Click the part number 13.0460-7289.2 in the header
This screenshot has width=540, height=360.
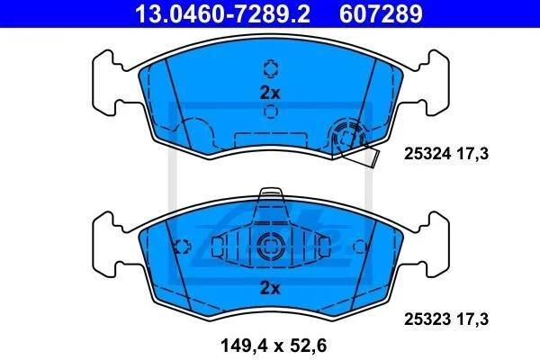(x=223, y=14)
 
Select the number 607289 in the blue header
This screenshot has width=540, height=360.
(x=381, y=14)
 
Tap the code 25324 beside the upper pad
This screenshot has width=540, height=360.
(x=427, y=154)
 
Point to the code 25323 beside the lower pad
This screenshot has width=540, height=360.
(x=427, y=319)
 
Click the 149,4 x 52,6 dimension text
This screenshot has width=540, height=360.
(x=274, y=346)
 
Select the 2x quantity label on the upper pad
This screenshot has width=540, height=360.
(x=270, y=93)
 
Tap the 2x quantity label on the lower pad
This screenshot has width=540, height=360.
(x=270, y=288)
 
